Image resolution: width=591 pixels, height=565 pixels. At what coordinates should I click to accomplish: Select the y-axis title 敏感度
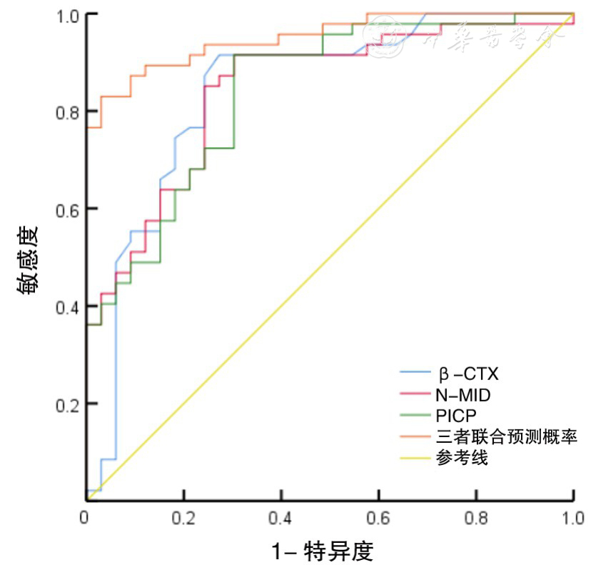click(x=28, y=261)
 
